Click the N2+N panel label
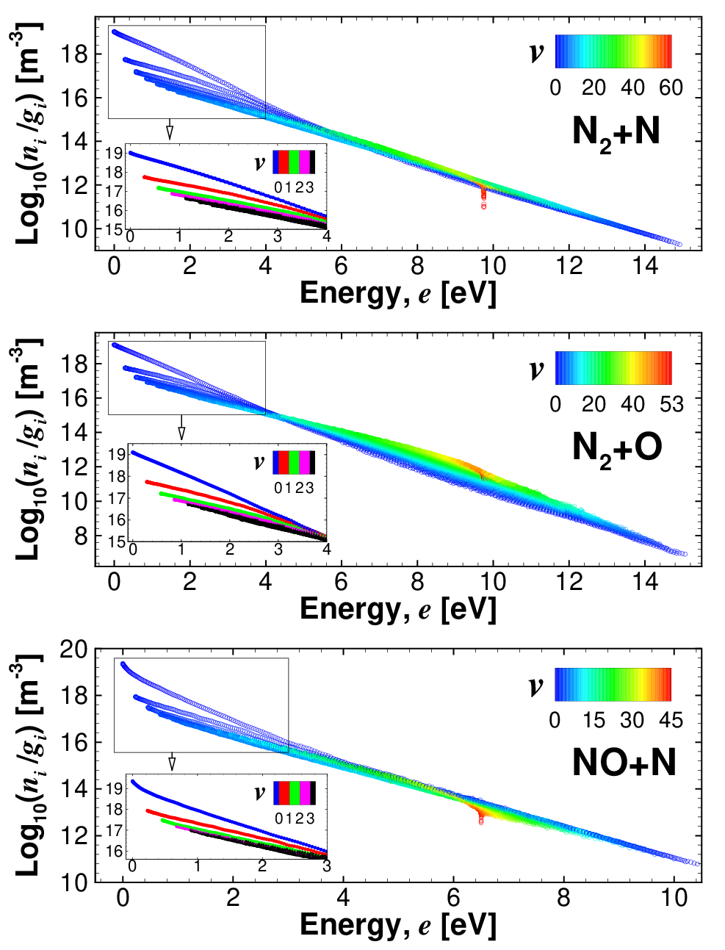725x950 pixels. click(x=616, y=134)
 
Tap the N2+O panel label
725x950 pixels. click(x=617, y=450)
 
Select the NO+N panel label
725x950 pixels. click(x=624, y=763)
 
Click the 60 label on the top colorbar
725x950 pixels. click(x=671, y=88)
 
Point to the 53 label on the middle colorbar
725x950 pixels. click(x=671, y=404)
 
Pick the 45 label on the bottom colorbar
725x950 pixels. click(x=671, y=720)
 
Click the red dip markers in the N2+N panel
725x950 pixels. click(x=483, y=198)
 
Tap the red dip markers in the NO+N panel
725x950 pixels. click(x=480, y=815)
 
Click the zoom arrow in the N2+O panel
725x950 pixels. click(x=181, y=427)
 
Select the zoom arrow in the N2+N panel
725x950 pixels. click(x=170, y=129)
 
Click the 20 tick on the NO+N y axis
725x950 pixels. click(x=73, y=650)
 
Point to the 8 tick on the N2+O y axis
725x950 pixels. click(x=81, y=536)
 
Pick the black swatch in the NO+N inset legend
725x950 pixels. click(x=312, y=793)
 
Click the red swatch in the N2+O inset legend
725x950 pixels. click(x=284, y=463)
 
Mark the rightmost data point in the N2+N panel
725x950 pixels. click(x=679, y=245)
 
